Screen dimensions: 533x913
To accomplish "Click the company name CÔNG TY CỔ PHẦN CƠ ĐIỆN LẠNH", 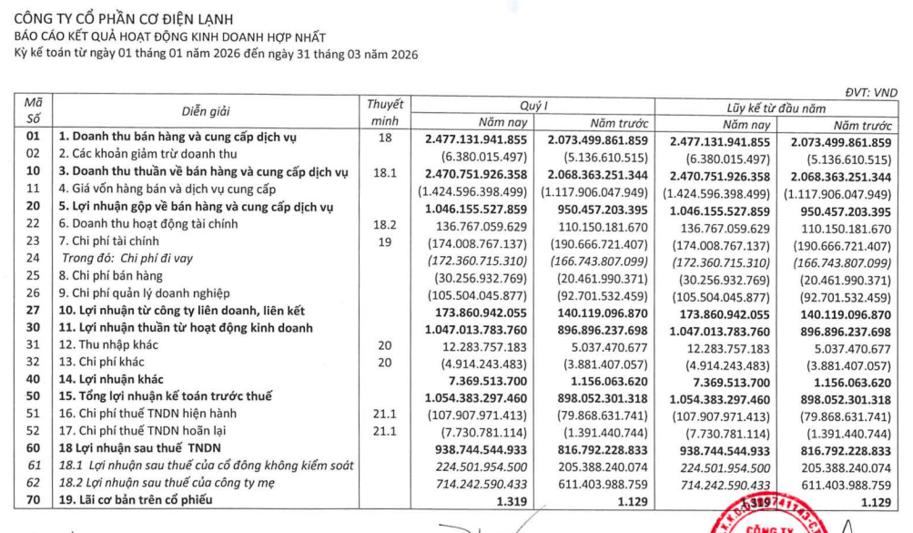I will [123, 18].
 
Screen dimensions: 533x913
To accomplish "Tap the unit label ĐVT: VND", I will [870, 91].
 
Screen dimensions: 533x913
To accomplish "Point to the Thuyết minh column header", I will [383, 112].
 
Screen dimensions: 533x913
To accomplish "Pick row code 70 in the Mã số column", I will [34, 501].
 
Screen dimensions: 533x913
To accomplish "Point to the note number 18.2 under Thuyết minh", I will [383, 223].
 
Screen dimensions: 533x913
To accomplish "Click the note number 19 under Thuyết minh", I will [383, 241].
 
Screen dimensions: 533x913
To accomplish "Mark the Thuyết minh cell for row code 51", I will [383, 415].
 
